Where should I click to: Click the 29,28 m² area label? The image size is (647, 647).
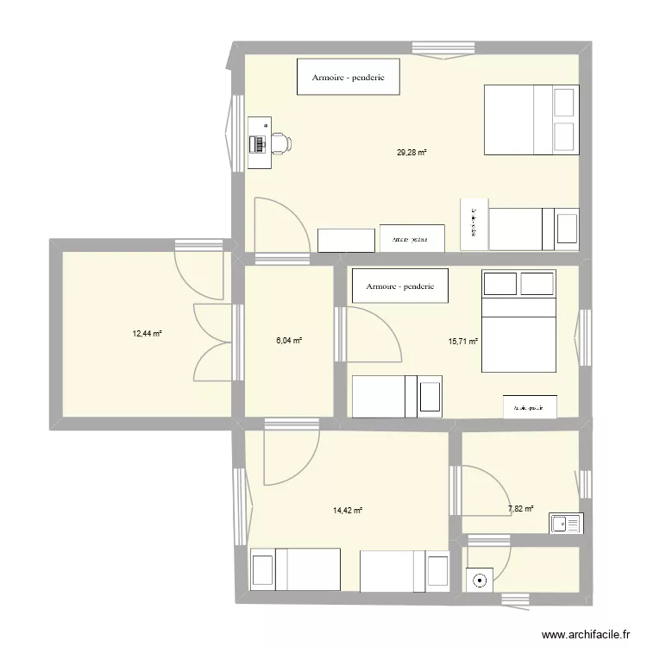pos(411,153)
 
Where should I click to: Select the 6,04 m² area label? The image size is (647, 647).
pos(287,341)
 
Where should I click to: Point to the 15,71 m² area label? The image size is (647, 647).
pos(462,341)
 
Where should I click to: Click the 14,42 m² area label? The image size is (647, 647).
pos(347,510)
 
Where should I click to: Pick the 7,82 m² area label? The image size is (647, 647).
pos(519,509)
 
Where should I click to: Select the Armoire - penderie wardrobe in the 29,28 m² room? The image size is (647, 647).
pos(349,76)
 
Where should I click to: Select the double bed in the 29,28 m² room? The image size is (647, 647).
pos(530,121)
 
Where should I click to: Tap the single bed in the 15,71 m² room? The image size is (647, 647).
pos(397,396)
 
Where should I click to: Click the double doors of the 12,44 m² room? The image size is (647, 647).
pos(212,342)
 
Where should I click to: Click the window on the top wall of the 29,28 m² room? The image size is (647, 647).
pos(444,48)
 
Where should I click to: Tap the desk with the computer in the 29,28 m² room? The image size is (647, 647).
pos(258,142)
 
